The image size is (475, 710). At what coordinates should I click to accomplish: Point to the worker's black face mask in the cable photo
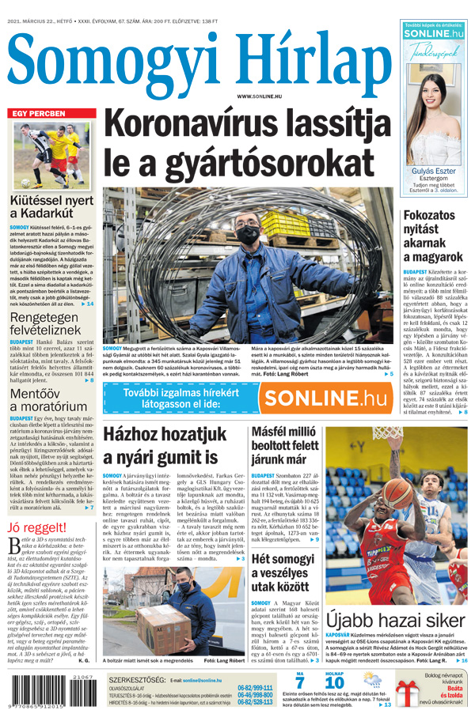point(248,235)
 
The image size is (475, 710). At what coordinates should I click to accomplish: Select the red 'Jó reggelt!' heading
point(37,527)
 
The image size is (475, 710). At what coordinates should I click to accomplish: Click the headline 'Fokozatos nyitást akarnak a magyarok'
point(432,236)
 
